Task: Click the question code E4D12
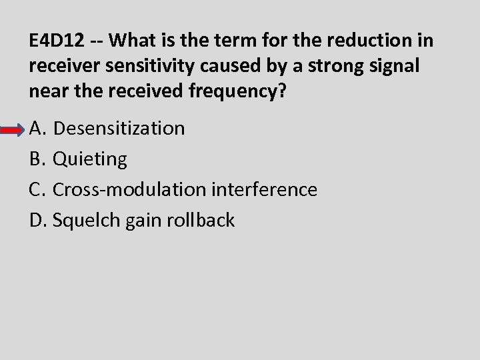(x=57, y=41)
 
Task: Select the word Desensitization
(x=119, y=128)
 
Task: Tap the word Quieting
(x=90, y=159)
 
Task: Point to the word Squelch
(x=87, y=220)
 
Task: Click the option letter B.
(x=37, y=159)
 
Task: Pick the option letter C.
(x=37, y=189)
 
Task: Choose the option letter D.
(x=38, y=220)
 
